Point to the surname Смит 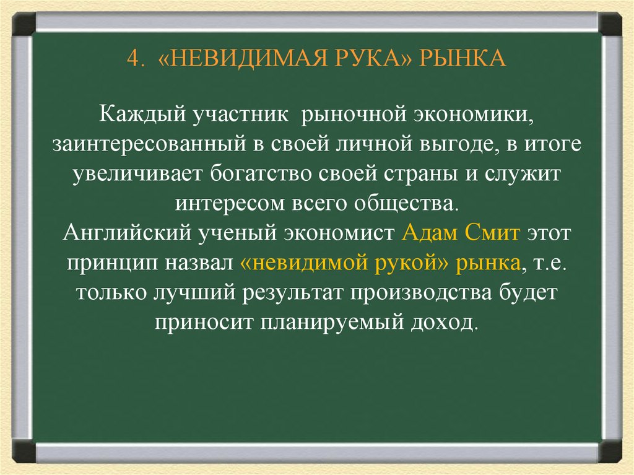494,235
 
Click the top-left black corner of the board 24,25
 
